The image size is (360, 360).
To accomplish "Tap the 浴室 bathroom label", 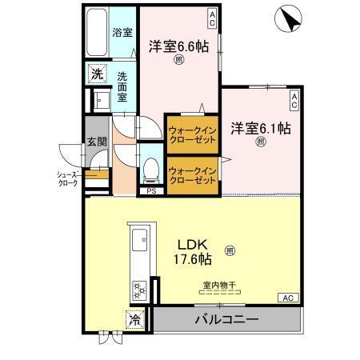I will click(122, 33).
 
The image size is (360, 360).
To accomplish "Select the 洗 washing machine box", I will click(96, 73).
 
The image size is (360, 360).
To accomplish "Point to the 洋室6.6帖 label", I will click(179, 47).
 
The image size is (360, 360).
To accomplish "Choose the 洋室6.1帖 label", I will click(261, 127).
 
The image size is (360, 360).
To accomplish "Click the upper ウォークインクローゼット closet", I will click(193, 133).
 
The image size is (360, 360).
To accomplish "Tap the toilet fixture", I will click(150, 170).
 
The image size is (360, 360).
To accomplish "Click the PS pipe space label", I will click(150, 192).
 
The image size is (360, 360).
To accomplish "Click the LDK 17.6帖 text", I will click(194, 251).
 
